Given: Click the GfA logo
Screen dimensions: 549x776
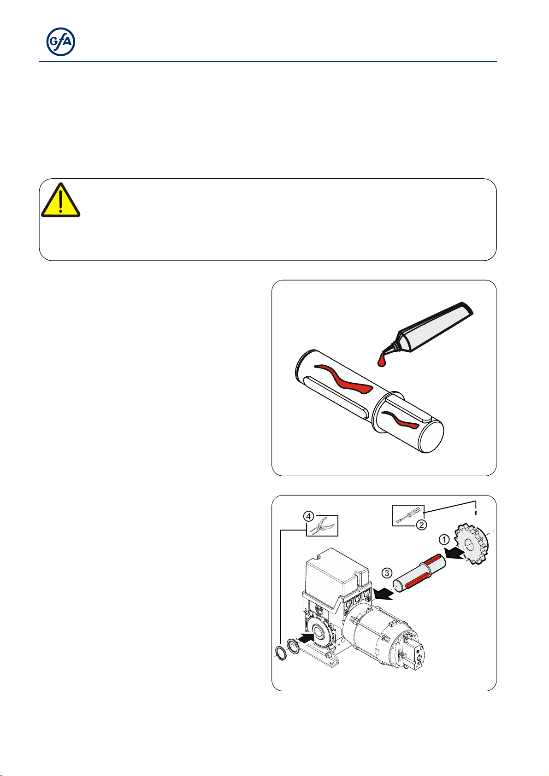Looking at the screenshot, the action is point(61,41).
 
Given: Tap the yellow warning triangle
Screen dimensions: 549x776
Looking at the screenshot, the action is point(61,200).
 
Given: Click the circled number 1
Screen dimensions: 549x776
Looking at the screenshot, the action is point(444,539).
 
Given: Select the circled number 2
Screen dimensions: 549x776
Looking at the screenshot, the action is point(421,525).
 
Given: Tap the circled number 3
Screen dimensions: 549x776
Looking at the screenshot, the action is point(387,572).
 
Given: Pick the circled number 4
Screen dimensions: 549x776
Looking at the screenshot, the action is point(309,517).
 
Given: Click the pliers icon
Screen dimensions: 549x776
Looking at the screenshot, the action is point(322,526).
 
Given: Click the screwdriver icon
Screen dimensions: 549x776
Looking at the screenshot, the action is point(408,515).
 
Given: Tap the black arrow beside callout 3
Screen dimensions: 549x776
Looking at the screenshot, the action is point(383,594).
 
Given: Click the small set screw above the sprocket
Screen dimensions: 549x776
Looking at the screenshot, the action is point(476,513).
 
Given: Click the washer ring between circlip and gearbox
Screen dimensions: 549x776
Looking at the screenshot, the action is point(293,647).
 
